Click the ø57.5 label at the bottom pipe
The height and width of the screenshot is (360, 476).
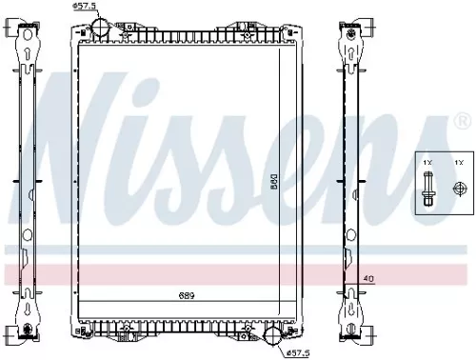tap(299, 353)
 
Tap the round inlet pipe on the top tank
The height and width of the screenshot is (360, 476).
tap(103, 19)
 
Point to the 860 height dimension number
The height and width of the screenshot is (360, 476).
tap(273, 177)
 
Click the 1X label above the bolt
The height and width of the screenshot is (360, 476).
tap(429, 164)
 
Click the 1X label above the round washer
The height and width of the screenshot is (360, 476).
tap(458, 164)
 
